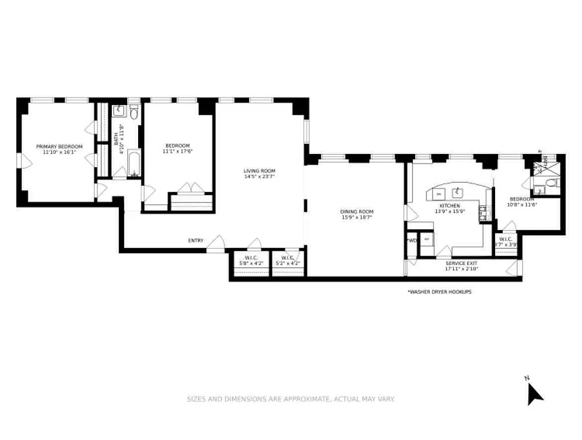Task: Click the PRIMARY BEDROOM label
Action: [59, 146]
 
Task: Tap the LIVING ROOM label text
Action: [259, 170]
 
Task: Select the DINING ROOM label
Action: [357, 212]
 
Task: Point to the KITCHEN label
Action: [449, 206]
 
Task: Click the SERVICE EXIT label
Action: [462, 263]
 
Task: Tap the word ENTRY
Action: [195, 240]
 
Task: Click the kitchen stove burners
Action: [482, 213]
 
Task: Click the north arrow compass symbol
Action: [534, 393]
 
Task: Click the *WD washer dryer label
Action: [411, 240]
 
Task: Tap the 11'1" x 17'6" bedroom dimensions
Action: [178, 151]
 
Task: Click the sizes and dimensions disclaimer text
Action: [290, 399]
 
